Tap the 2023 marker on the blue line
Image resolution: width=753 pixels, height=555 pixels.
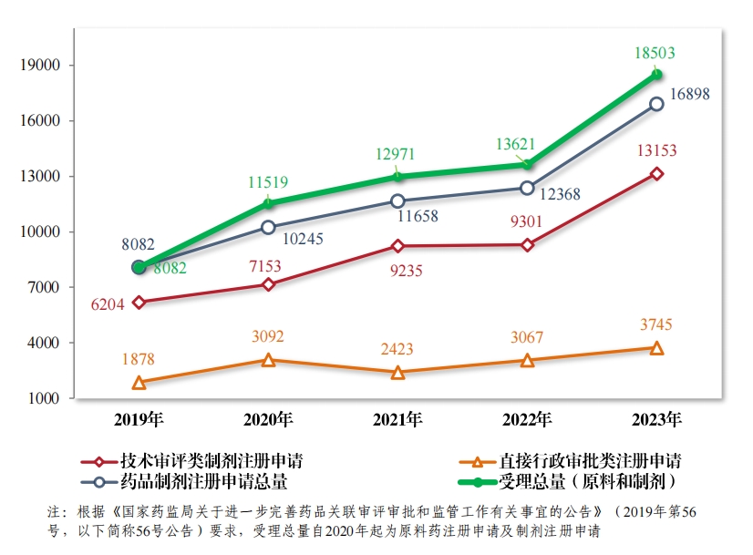pos(656,104)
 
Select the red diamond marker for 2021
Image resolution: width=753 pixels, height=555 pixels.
pos(397,246)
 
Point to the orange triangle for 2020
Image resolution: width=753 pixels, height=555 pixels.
pos(268,360)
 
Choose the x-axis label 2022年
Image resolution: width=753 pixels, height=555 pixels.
pos(527,420)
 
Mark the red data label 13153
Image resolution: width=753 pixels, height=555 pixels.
pos(657,151)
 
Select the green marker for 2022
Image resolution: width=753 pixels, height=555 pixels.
pos(527,164)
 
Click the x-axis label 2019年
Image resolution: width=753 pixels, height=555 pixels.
pos(139,420)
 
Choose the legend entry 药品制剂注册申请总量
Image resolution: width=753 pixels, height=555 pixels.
pos(191,480)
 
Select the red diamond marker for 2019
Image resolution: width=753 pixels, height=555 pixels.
pos(139,303)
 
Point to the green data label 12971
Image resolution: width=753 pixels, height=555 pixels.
pos(397,154)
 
